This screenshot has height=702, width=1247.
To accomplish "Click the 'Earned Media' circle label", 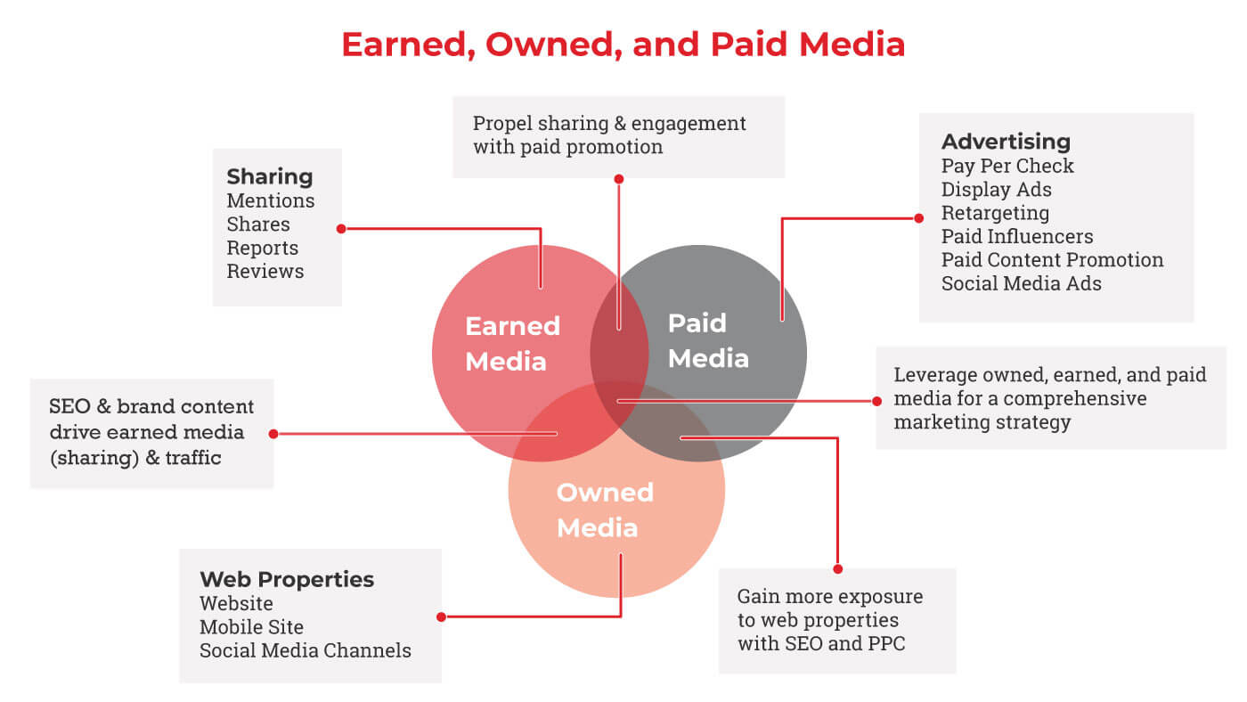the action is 513,344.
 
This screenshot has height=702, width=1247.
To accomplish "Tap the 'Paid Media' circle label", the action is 708,340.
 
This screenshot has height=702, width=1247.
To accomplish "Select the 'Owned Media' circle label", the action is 605,510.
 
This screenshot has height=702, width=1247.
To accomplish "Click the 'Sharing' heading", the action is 269,176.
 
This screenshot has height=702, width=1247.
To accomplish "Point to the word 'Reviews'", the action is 265,271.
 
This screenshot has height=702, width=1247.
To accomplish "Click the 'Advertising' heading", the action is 1006,142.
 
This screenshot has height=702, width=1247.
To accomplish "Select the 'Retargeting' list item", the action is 996,213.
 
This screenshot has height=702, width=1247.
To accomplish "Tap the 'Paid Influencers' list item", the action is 1017,236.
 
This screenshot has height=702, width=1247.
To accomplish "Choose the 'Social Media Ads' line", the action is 1022,283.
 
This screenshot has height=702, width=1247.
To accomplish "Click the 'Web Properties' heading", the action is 287,580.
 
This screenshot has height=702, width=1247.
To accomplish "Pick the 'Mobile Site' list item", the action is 251,627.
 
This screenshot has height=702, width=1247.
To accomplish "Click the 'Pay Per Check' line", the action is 1007,166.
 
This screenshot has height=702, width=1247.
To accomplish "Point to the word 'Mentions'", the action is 271,200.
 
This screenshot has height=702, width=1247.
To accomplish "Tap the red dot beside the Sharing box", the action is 341,228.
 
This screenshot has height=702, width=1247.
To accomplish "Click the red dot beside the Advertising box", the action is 919,218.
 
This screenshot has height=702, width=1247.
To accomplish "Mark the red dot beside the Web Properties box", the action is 441,616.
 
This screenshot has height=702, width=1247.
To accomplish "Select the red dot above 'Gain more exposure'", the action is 838,569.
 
